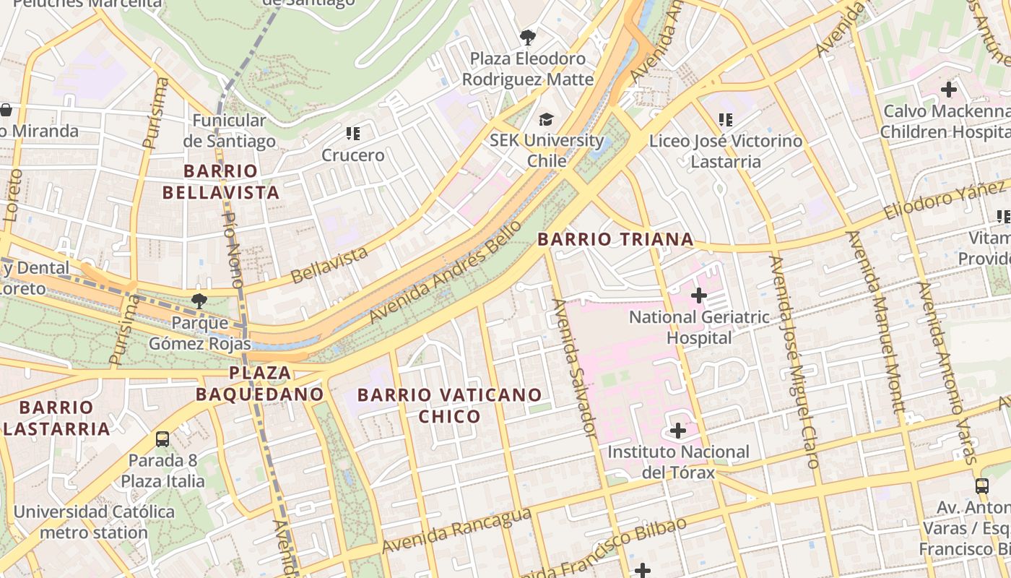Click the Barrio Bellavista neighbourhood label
point(220,182)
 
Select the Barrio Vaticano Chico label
point(449,405)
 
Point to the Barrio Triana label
point(615,239)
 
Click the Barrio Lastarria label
point(56,418)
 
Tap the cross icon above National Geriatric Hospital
point(698,296)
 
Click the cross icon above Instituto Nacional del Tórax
point(677,431)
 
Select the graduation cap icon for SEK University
point(547,119)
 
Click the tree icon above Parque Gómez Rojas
point(199,301)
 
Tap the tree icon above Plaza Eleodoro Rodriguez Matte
point(528,37)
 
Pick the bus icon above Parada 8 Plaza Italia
point(162,439)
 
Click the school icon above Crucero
point(352,134)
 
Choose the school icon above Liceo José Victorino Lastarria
point(725,119)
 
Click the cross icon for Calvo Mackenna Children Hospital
point(948,90)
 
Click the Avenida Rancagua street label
point(456,531)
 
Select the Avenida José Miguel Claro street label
point(794,361)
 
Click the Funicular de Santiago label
point(229,131)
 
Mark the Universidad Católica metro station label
point(94,522)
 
